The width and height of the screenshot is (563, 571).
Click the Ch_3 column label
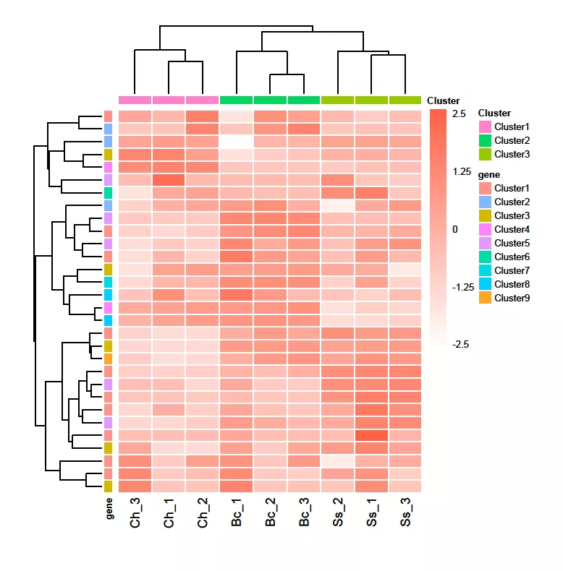(135, 512)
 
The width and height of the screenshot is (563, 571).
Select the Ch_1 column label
(169, 512)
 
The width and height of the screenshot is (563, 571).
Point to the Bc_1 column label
(237, 512)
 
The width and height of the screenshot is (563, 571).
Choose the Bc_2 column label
(271, 512)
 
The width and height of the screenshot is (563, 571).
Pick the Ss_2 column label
(338, 512)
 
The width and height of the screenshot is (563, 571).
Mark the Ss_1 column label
(372, 512)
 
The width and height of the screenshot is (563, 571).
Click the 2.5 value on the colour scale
(459, 114)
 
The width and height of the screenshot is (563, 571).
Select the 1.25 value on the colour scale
(461, 171)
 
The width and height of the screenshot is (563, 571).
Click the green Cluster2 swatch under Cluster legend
(484, 140)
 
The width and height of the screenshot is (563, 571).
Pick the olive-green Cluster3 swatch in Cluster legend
(484, 154)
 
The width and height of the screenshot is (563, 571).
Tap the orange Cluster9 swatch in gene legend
(484, 298)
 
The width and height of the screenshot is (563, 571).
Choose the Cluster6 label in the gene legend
(512, 257)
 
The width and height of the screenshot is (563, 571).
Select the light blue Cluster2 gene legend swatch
(484, 202)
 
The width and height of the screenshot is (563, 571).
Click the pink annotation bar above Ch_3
(135, 100)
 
